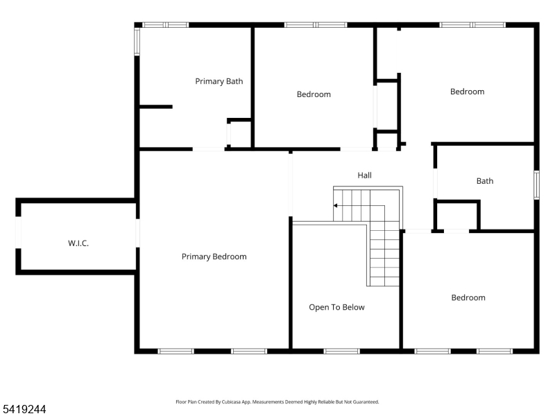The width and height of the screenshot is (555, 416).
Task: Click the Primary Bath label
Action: [x=219, y=81]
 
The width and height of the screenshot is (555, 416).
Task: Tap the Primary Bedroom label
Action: [x=214, y=257]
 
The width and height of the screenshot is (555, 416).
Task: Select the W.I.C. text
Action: [x=78, y=243]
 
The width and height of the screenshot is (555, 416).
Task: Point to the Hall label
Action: [x=364, y=175]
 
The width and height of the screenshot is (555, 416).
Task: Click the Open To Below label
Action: [x=336, y=307]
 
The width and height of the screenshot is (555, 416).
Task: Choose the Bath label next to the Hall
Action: [x=484, y=181]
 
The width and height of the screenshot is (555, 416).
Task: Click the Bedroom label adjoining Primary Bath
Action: [x=314, y=94]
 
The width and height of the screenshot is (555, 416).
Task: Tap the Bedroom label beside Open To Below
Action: [x=468, y=297]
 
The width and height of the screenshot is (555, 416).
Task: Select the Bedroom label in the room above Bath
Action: [x=467, y=92]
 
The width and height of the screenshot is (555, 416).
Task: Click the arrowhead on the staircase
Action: [x=336, y=206]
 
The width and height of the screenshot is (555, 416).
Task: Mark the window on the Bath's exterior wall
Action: [x=536, y=185]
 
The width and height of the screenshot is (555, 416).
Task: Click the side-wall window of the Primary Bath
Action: [x=137, y=41]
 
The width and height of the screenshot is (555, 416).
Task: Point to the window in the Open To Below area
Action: [x=341, y=351]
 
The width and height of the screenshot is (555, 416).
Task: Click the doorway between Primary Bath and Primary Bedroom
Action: [x=208, y=148]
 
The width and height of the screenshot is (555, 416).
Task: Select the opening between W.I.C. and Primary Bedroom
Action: [x=137, y=232]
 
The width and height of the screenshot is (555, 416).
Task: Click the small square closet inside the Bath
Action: [x=457, y=216]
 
